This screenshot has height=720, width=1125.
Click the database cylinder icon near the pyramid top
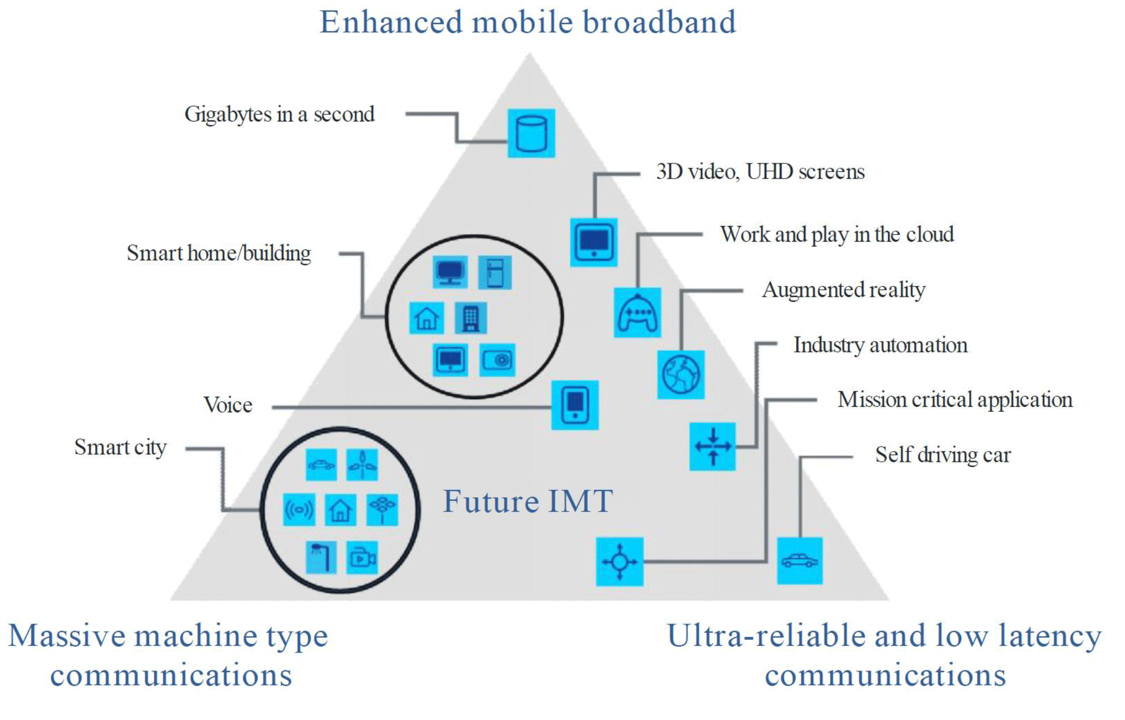[531, 133]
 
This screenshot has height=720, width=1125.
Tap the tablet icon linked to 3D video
[594, 242]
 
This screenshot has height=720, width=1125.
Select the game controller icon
[637, 313]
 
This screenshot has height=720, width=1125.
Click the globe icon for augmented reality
[681, 375]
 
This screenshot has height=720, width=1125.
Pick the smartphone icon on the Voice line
[575, 405]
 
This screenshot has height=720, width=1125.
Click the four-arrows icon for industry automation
[712, 447]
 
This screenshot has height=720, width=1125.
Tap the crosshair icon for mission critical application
[619, 562]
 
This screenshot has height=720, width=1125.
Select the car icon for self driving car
[800, 560]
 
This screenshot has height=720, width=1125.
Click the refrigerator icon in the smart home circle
[495, 272]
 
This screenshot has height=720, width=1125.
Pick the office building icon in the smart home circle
[471, 318]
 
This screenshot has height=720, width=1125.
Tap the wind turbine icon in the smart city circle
[362, 465]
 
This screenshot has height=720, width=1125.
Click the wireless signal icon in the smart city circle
[299, 510]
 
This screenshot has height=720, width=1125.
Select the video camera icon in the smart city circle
[362, 558]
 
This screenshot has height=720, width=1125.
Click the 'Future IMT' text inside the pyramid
[528, 501]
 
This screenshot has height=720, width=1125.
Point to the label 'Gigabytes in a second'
[279, 115]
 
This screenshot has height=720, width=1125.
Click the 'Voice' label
[228, 405]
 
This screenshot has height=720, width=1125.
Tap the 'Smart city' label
[120, 448]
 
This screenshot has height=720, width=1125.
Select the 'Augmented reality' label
[844, 290]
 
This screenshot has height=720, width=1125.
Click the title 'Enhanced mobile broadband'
[527, 22]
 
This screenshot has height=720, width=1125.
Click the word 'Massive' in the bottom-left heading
[67, 636]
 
